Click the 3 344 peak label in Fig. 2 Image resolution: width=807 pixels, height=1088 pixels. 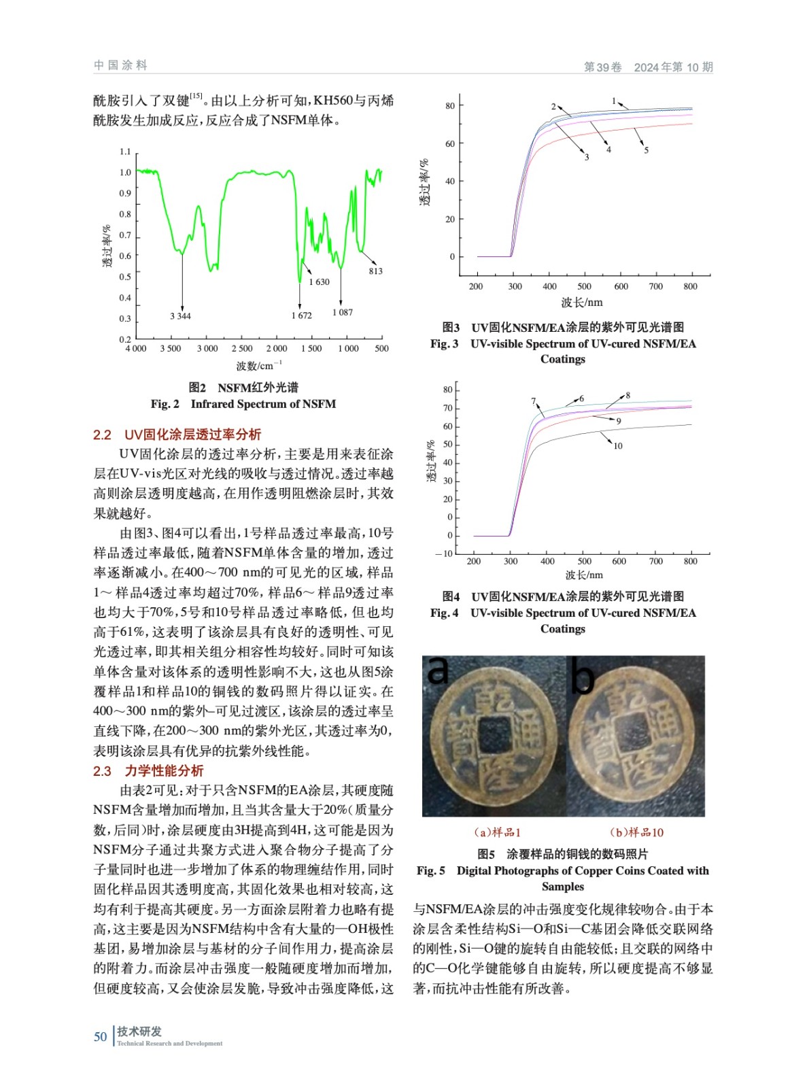(180, 316)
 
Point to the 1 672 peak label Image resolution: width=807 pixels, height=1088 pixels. (301, 316)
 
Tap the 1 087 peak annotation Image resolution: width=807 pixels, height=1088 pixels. (343, 312)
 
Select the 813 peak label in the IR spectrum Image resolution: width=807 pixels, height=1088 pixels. (375, 271)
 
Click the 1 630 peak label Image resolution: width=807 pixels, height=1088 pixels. (319, 282)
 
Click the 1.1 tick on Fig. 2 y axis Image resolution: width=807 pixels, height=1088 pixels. (125, 151)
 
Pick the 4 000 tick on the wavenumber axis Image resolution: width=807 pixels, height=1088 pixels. (136, 348)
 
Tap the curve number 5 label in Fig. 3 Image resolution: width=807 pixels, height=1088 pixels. (646, 150)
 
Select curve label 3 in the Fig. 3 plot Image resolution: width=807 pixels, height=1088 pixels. (587, 157)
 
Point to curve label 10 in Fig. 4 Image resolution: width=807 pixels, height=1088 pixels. (617, 446)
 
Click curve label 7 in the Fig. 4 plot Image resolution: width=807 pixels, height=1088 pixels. (534, 401)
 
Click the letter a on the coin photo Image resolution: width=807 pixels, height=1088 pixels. (439, 670)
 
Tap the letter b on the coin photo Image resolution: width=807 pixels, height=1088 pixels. (583, 677)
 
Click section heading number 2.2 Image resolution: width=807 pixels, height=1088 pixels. (102, 435)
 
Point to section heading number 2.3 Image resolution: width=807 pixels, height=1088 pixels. (102, 770)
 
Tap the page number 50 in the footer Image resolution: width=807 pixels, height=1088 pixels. (101, 1036)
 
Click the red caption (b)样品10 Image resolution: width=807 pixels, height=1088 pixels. (636, 832)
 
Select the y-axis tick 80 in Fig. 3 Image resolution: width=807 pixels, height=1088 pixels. (450, 106)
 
